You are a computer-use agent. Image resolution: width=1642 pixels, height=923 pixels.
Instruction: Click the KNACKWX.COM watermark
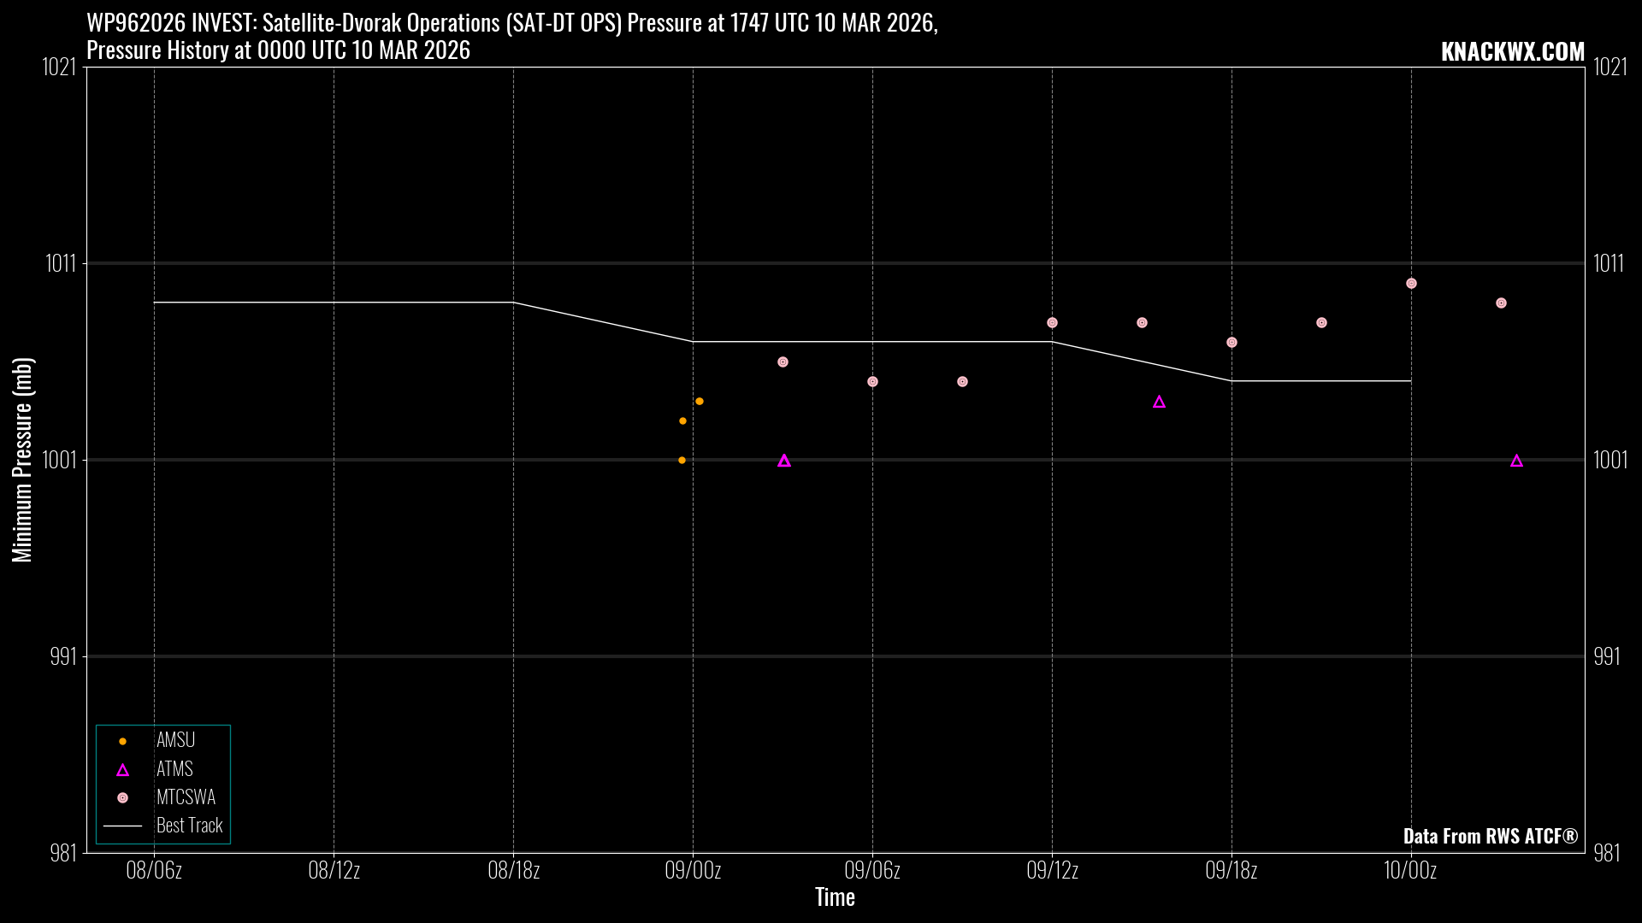pyautogui.click(x=1512, y=52)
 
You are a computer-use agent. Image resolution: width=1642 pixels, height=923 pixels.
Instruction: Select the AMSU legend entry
pyautogui.click(x=175, y=741)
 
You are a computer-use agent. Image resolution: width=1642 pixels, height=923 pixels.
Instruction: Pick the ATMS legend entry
pyautogui.click(x=174, y=769)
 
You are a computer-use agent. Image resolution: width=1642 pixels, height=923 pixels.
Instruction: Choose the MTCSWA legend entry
pyautogui.click(x=186, y=797)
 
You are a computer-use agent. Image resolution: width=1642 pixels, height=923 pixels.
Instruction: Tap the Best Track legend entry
pyautogui.click(x=189, y=826)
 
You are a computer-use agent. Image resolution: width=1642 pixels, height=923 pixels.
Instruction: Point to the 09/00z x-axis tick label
pyautogui.click(x=693, y=871)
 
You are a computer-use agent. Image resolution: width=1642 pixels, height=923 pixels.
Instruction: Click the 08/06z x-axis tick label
pyautogui.click(x=154, y=871)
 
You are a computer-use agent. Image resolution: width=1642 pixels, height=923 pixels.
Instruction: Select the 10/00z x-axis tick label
pyautogui.click(x=1410, y=871)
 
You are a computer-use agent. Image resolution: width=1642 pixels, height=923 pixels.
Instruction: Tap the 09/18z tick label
pyautogui.click(x=1231, y=871)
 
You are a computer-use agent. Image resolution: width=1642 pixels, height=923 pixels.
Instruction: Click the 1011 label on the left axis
pyautogui.click(x=61, y=263)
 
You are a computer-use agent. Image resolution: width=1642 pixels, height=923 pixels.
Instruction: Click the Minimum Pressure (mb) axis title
pyautogui.click(x=22, y=460)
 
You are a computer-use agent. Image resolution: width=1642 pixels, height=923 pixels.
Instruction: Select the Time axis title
pyautogui.click(x=835, y=897)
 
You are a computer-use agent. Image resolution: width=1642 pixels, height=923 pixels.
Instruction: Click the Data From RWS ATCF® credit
pyautogui.click(x=1490, y=836)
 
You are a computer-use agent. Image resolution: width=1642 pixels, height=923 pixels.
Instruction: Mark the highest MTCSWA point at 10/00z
pyautogui.click(x=1411, y=284)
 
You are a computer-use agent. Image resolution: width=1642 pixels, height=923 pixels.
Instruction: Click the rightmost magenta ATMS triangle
pyautogui.click(x=1516, y=461)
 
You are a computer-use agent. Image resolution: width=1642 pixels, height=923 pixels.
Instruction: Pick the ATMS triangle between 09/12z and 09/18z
pyautogui.click(x=1159, y=403)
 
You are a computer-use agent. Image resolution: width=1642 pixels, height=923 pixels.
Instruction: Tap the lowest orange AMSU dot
pyautogui.click(x=682, y=461)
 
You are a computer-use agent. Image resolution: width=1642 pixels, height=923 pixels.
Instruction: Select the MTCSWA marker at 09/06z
pyautogui.click(x=872, y=382)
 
